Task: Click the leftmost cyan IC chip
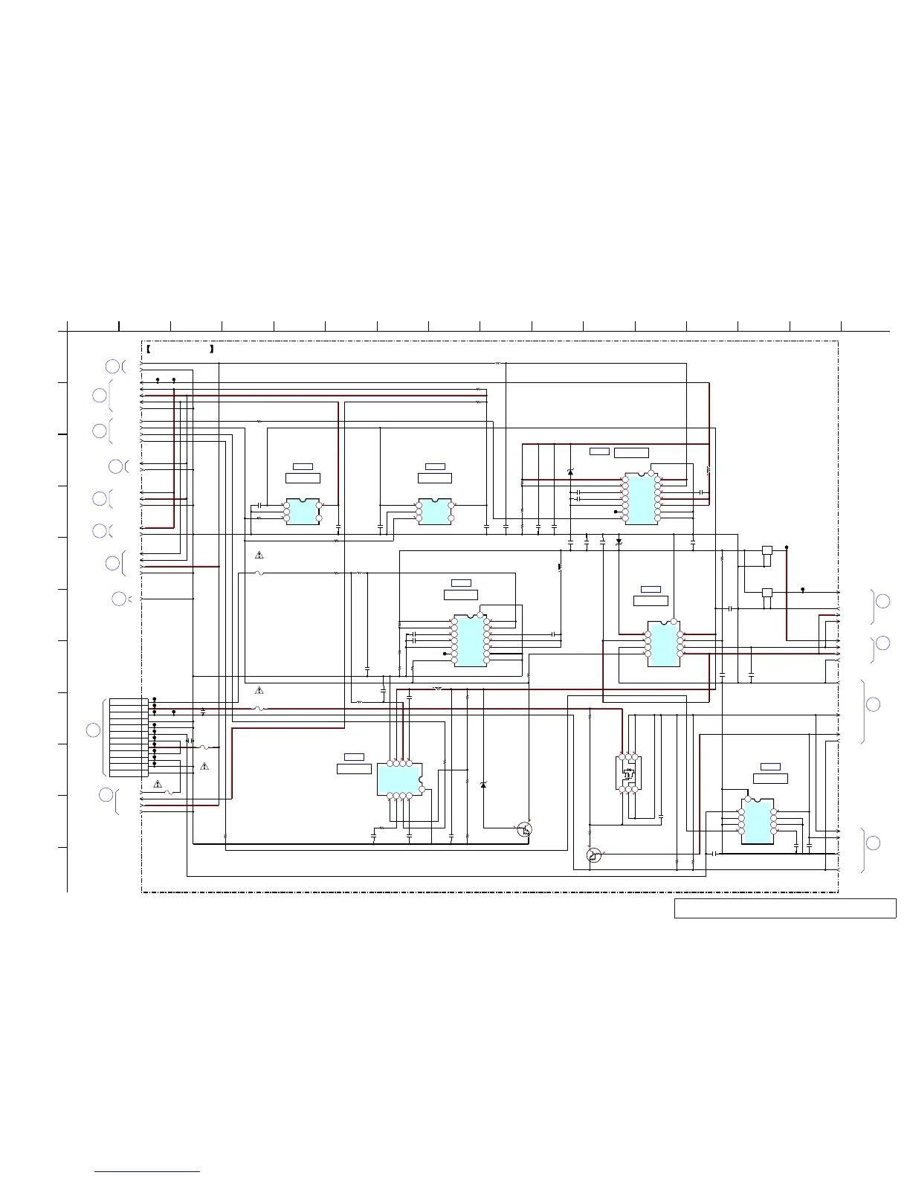pos(303,512)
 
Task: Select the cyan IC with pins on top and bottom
pos(399,779)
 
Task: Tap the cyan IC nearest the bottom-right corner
pos(757,822)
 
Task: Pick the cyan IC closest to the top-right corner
pos(642,498)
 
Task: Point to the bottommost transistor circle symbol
pos(593,855)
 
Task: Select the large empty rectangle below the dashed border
pos(784,908)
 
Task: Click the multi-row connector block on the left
pos(128,738)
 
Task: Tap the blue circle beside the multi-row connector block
pos(93,730)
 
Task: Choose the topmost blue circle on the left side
pos(112,366)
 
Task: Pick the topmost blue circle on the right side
pos(882,601)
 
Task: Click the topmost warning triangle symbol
pos(259,555)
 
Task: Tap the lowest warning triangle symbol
pos(158,784)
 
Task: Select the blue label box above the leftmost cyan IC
pos(303,466)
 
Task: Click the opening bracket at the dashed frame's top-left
pos(149,348)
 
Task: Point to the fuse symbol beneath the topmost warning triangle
pos(259,573)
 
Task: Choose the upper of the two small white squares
pos(767,550)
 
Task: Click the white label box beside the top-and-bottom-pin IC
pos(354,769)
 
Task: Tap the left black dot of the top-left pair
pos(158,380)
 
